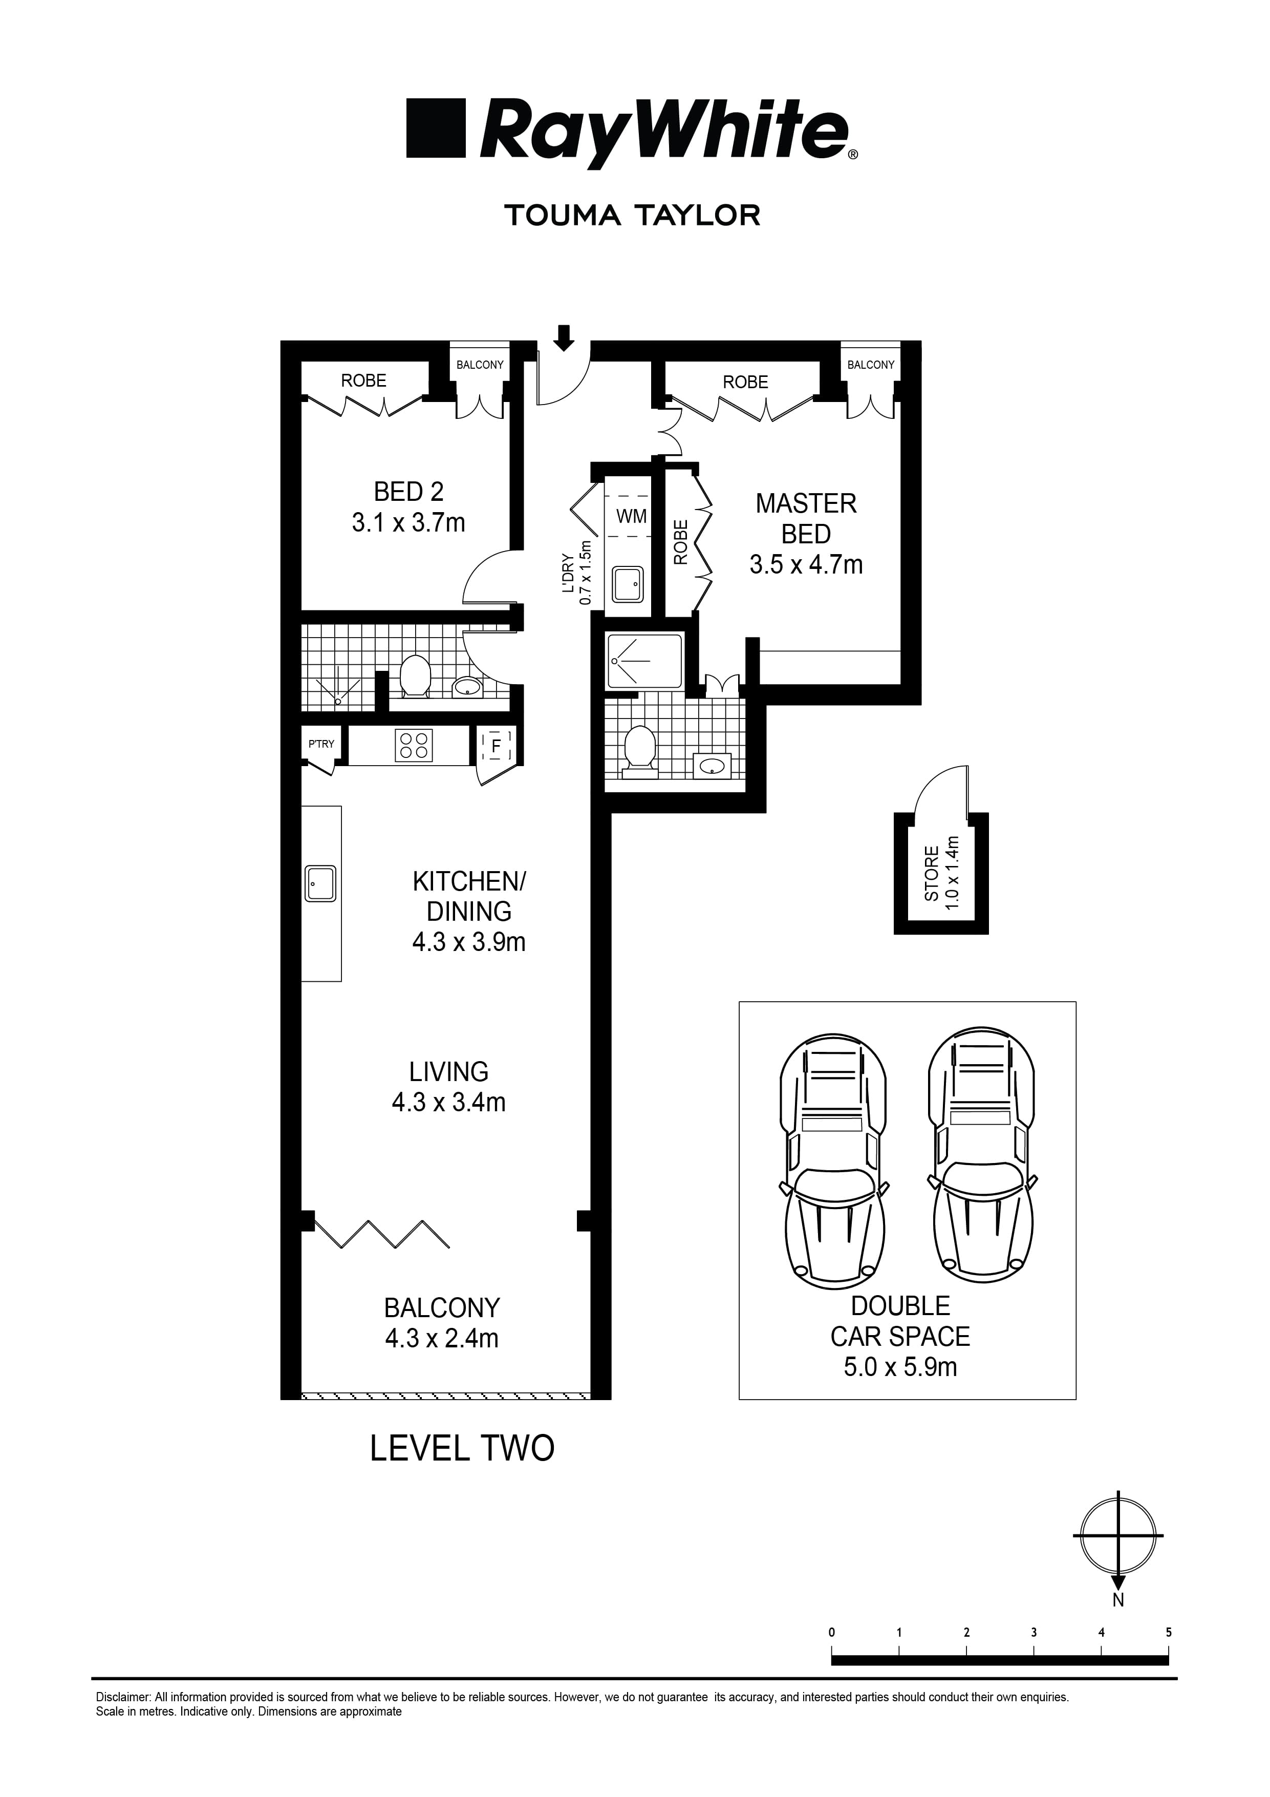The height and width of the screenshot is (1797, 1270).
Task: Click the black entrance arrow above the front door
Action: (564, 338)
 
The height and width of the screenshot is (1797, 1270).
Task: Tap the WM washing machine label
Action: (632, 517)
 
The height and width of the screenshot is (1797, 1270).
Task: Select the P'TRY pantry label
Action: (321, 744)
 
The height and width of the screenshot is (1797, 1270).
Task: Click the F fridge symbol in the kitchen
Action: (496, 746)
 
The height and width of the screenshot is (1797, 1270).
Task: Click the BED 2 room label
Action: (408, 492)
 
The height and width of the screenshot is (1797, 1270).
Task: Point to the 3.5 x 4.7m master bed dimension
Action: (806, 564)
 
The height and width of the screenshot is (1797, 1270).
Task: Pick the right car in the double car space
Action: (982, 1151)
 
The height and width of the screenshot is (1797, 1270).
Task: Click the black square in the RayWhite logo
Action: (436, 128)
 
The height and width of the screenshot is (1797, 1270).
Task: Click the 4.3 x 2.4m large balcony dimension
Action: (441, 1338)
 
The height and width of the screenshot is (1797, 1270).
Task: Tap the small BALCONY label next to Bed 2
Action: (480, 365)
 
